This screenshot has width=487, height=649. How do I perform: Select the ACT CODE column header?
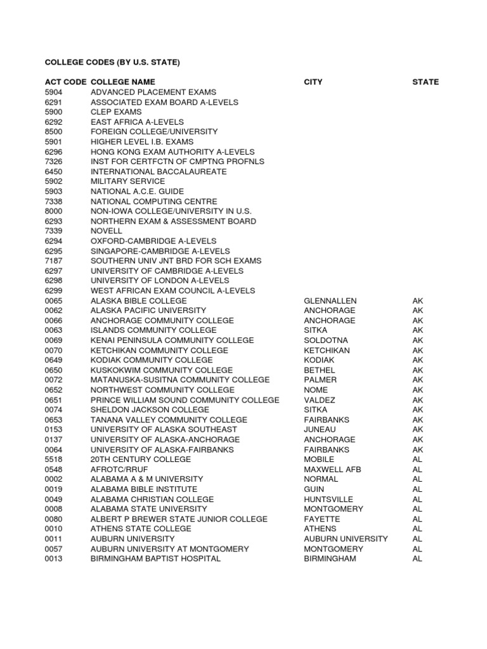tap(65, 82)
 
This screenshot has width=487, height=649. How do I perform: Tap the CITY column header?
tap(313, 82)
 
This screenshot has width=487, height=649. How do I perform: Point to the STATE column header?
tap(425, 82)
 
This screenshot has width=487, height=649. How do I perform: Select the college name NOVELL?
tap(106, 231)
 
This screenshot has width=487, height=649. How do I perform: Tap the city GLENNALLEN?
tap(330, 300)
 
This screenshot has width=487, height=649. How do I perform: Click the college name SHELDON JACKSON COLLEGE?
tap(150, 409)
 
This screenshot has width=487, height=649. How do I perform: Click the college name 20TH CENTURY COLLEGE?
tap(141, 459)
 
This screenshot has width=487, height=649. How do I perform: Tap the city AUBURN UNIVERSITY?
tap(346, 539)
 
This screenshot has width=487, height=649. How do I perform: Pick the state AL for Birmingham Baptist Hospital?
tap(417, 558)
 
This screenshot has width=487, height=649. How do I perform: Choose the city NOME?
tap(316, 390)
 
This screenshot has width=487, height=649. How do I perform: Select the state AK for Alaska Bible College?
tap(417, 300)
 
